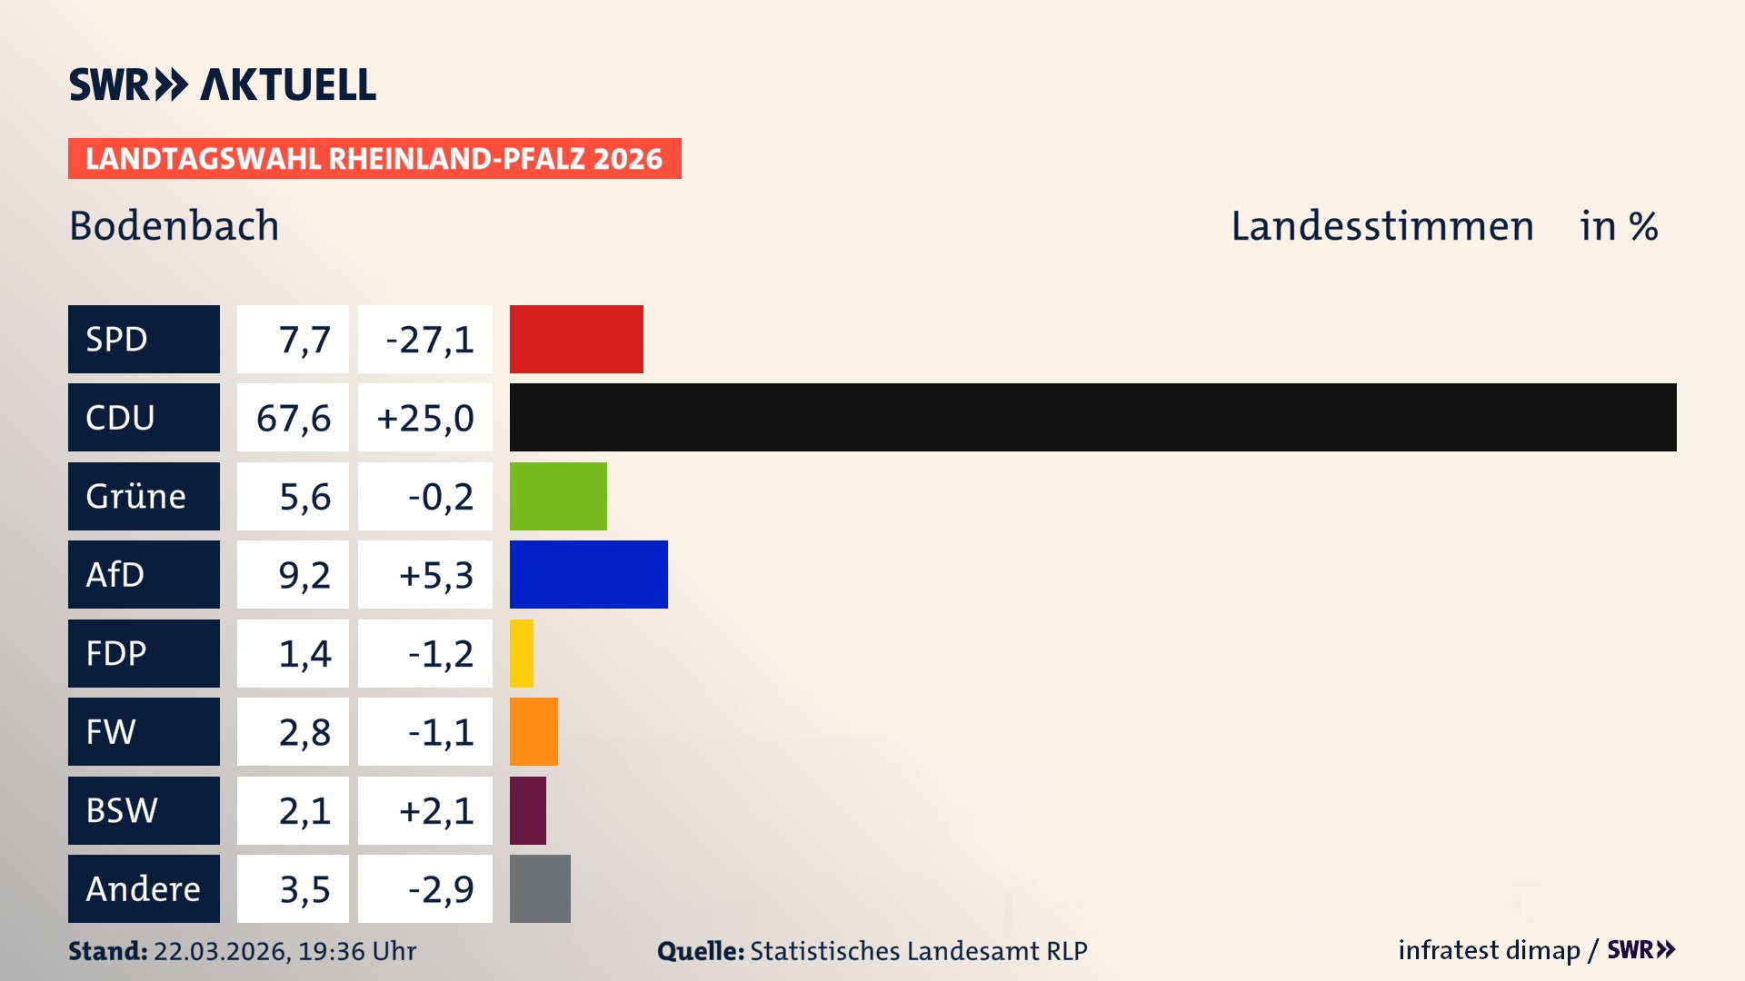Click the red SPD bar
tap(576, 339)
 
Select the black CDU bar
tap(1092, 417)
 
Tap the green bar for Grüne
tap(558, 496)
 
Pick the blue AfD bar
tap(588, 574)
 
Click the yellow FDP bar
tap(522, 653)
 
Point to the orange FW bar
tap(533, 731)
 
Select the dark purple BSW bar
tap(528, 810)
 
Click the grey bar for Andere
tap(540, 888)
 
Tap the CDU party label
tap(144, 417)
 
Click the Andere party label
tap(144, 888)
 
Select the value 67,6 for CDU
tap(293, 418)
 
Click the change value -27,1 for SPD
tap(425, 340)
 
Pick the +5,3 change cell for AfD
tap(425, 575)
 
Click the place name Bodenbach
tap(174, 226)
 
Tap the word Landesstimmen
tap(1381, 226)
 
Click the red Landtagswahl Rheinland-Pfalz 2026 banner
tap(374, 159)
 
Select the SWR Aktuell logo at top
tap(223, 84)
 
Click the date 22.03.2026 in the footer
tap(221, 951)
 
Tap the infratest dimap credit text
tap(1489, 950)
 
